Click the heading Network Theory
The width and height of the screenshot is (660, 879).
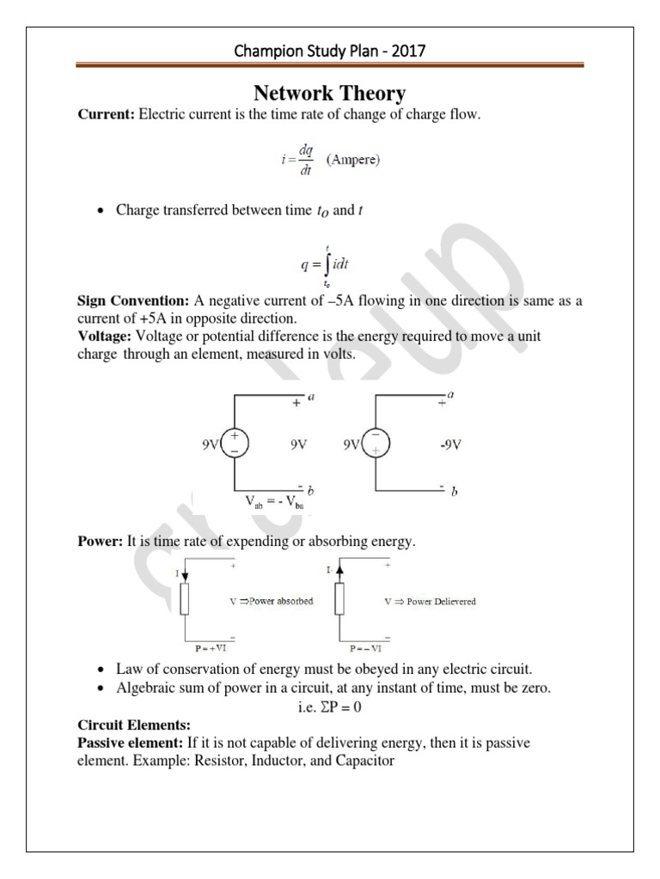coord(329,94)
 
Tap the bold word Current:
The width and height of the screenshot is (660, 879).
coord(107,115)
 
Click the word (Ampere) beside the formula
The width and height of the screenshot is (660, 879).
coord(357,160)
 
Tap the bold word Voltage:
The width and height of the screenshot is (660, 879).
coord(107,336)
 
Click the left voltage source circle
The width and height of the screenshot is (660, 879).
coord(235,444)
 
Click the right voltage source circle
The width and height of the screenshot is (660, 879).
coord(376,444)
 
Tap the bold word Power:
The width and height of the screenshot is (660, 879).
coord(101,541)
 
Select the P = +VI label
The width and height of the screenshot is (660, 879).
coord(209,651)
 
